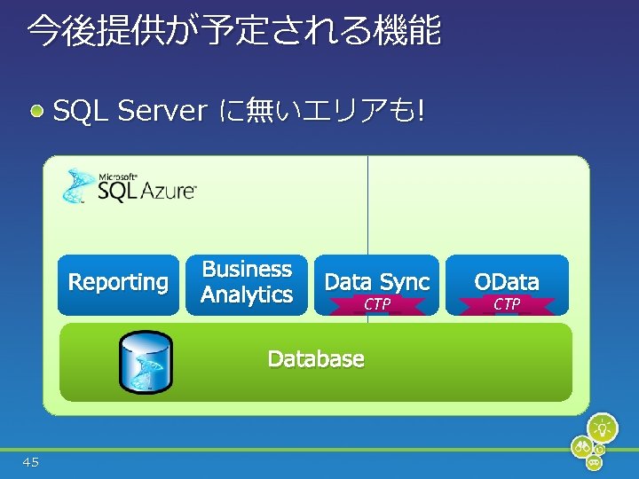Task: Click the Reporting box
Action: (118, 284)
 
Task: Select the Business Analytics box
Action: (247, 284)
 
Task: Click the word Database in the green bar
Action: (316, 359)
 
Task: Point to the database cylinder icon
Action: (146, 362)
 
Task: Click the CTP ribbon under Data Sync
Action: (377, 305)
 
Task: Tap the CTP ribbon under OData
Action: (507, 305)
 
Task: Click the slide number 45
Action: (31, 461)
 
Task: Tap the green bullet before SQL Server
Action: (37, 112)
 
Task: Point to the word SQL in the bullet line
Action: (81, 112)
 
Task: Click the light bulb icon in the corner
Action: (603, 428)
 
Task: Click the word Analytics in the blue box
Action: (247, 295)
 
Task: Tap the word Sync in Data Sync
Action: (404, 282)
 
